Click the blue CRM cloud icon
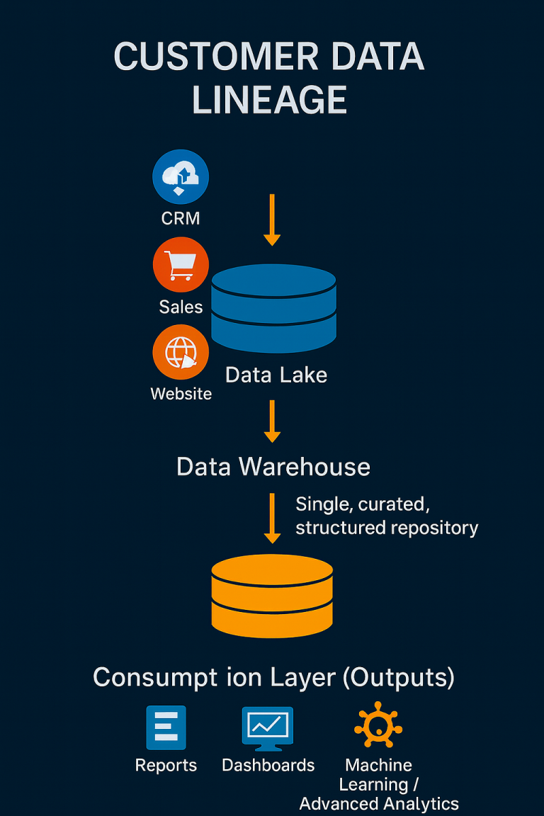point(181,176)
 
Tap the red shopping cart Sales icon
point(181,265)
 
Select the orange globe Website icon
point(181,352)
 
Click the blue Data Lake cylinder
point(273,307)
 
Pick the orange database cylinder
point(272,595)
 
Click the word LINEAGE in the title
point(269,99)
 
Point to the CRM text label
point(181,218)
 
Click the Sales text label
point(181,307)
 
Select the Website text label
point(181,394)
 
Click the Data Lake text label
point(276,375)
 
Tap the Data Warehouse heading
point(273,467)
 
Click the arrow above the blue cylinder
point(272,220)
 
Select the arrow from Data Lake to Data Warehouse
point(272,421)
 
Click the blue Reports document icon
point(166,727)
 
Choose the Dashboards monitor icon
point(268,728)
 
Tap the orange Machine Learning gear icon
point(378,727)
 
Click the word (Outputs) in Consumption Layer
point(398,677)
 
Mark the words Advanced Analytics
point(379,804)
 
